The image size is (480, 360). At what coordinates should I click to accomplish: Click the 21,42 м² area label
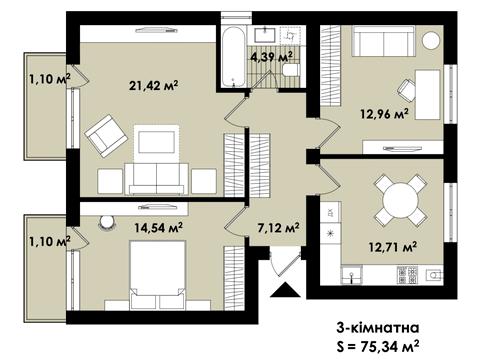click(154, 86)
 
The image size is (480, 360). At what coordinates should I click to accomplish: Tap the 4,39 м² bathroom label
click(272, 57)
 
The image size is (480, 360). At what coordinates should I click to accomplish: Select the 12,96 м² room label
click(384, 114)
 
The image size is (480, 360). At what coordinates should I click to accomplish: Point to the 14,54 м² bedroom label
click(158, 228)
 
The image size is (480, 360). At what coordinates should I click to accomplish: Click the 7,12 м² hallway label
click(279, 228)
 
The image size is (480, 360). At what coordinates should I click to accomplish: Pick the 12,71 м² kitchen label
click(393, 247)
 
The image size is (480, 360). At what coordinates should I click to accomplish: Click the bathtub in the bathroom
click(234, 57)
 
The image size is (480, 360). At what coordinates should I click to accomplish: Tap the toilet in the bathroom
click(290, 70)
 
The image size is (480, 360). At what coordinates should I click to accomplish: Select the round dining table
click(400, 199)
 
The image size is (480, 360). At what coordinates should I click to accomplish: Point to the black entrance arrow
click(285, 289)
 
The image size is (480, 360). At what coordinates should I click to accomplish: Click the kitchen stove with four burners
click(407, 275)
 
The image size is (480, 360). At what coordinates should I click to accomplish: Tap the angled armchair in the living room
click(106, 136)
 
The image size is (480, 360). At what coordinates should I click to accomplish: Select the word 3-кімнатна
click(378, 328)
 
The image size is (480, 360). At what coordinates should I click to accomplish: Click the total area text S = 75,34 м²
click(378, 347)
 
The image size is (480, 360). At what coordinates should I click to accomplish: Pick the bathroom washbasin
click(265, 35)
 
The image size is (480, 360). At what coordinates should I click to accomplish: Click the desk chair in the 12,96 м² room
click(406, 90)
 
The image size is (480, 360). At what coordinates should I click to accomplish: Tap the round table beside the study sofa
click(431, 40)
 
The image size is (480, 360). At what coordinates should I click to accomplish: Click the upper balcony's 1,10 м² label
click(50, 79)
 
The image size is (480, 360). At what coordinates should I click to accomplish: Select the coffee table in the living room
click(156, 142)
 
